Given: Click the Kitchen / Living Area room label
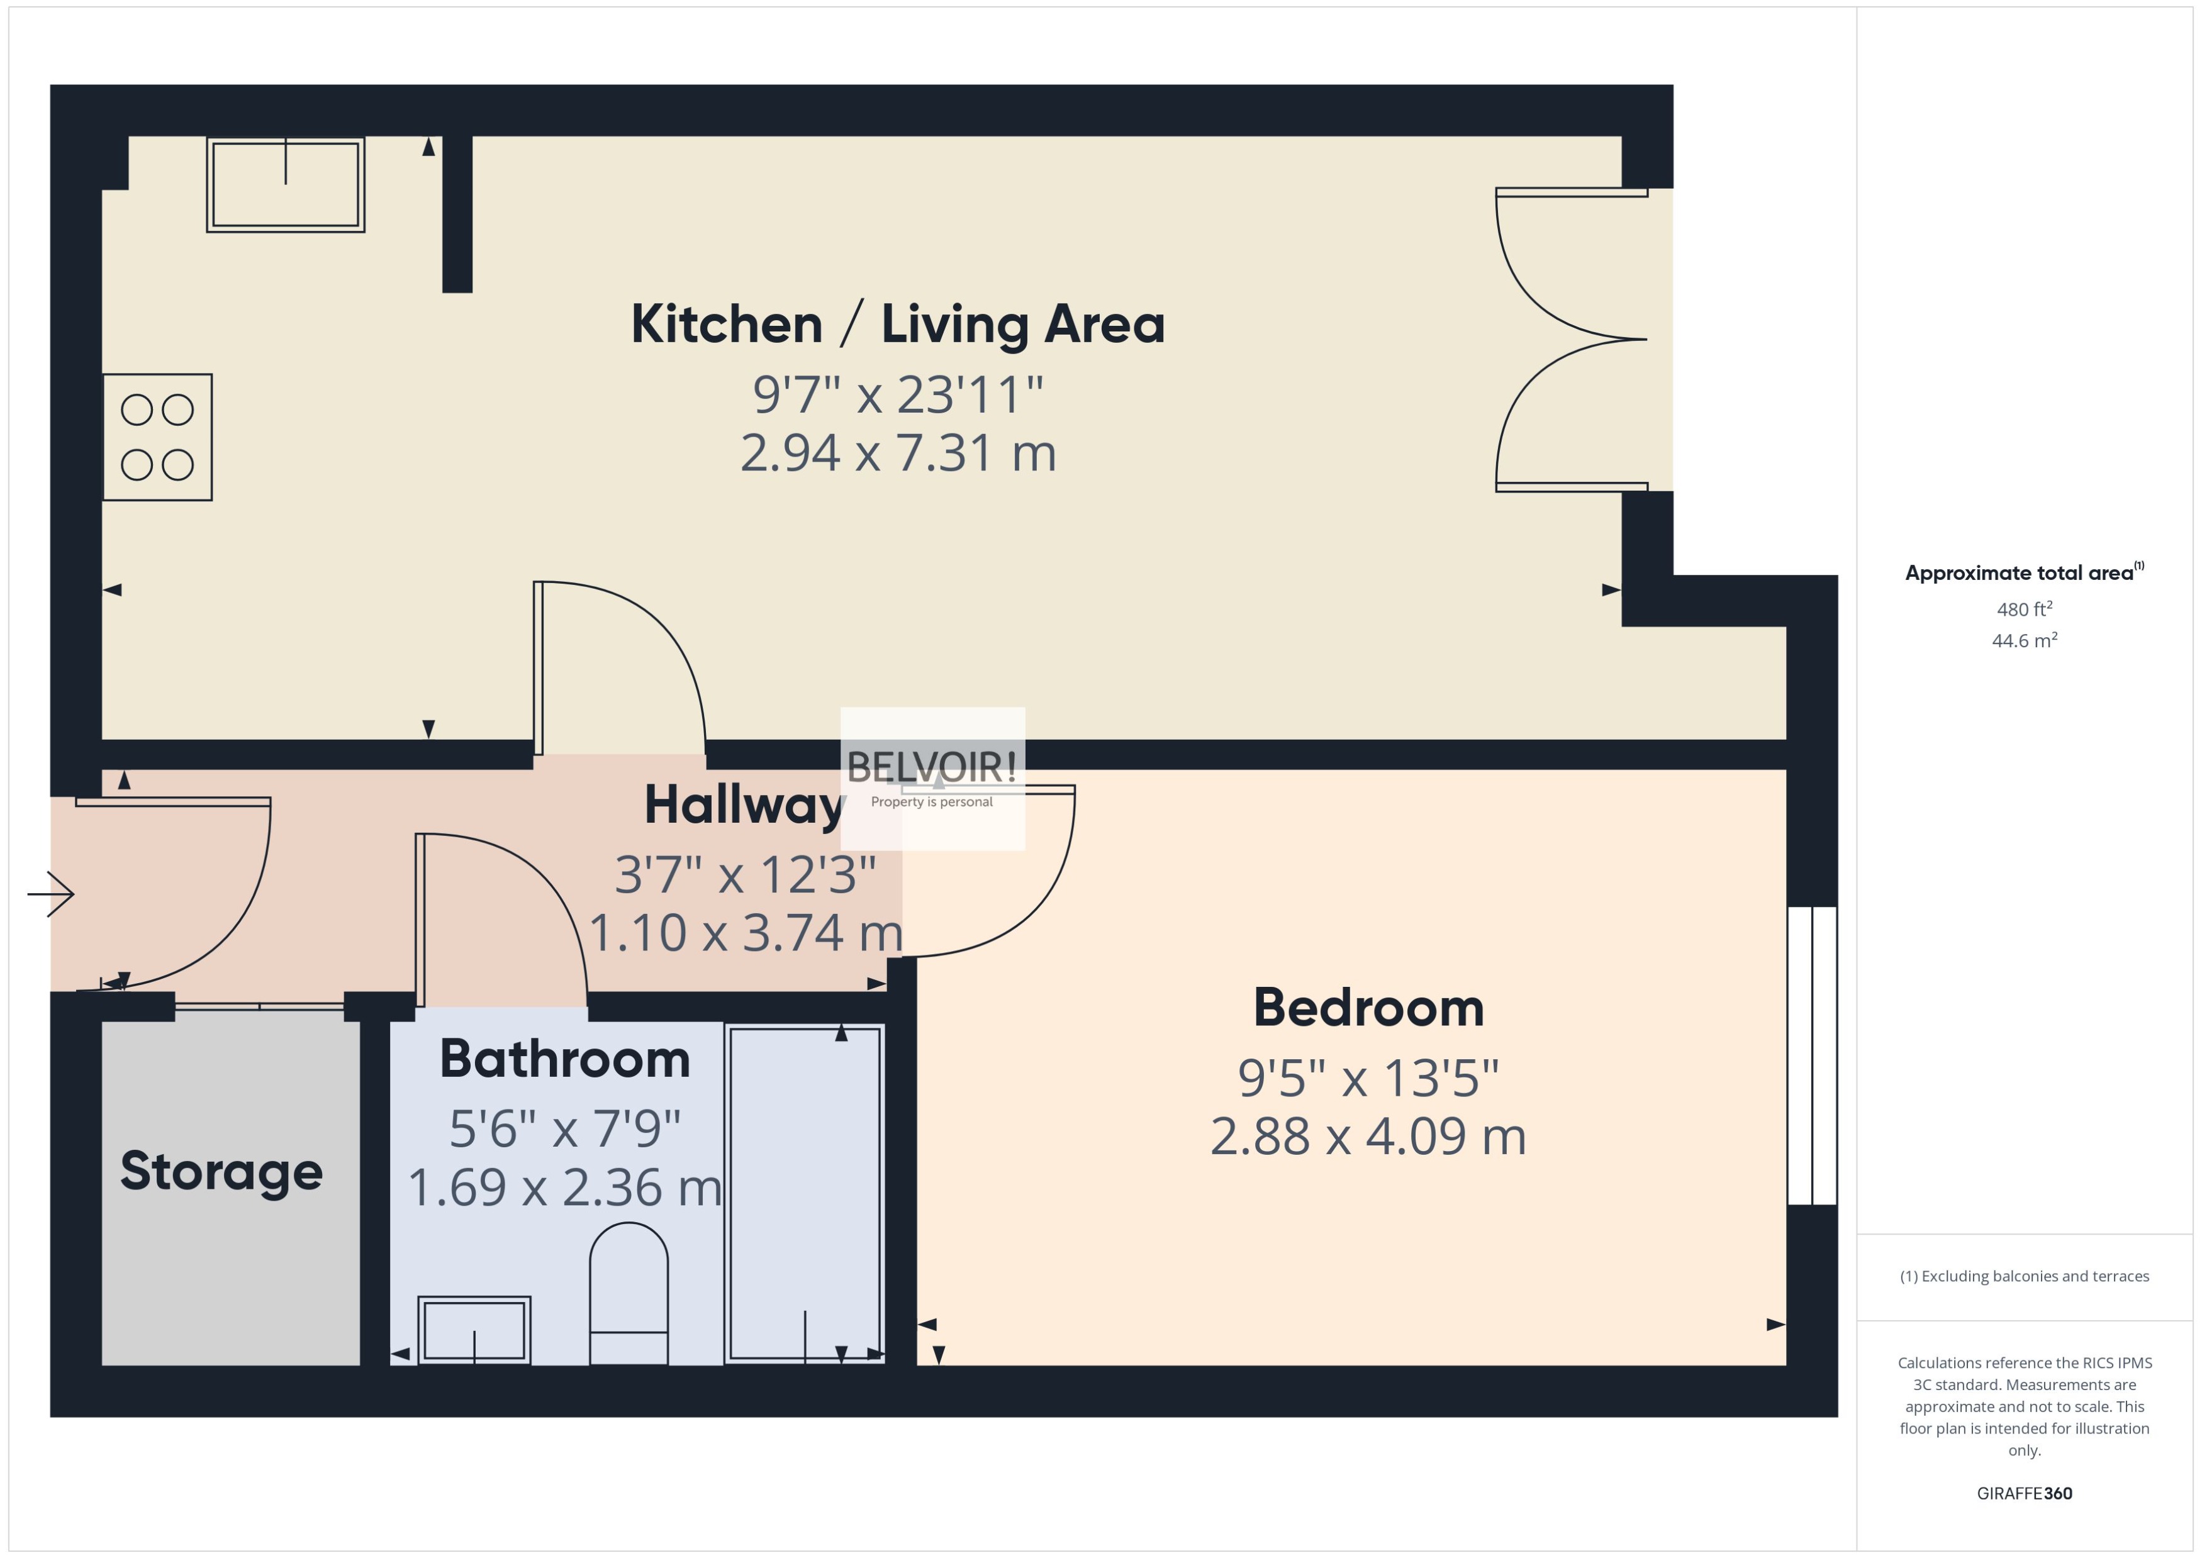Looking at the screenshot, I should (x=897, y=325).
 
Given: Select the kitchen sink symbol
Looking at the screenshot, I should (x=285, y=184).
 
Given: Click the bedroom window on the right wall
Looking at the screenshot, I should (x=1811, y=1055).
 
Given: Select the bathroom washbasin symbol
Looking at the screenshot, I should (x=474, y=1330).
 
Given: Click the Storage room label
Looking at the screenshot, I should (x=221, y=1171).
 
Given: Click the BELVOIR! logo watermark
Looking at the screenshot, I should (x=932, y=777).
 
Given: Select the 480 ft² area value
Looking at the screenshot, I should (x=2023, y=609).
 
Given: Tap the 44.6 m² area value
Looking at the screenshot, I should (x=2023, y=640).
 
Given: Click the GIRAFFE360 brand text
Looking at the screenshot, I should (x=2023, y=1494).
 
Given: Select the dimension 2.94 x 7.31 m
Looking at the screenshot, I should (x=898, y=453).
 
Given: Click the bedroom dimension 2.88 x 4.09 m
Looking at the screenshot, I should (x=1367, y=1137).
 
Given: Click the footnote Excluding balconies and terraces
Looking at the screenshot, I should (x=2023, y=1276).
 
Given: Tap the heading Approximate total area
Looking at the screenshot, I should (x=2020, y=574).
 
